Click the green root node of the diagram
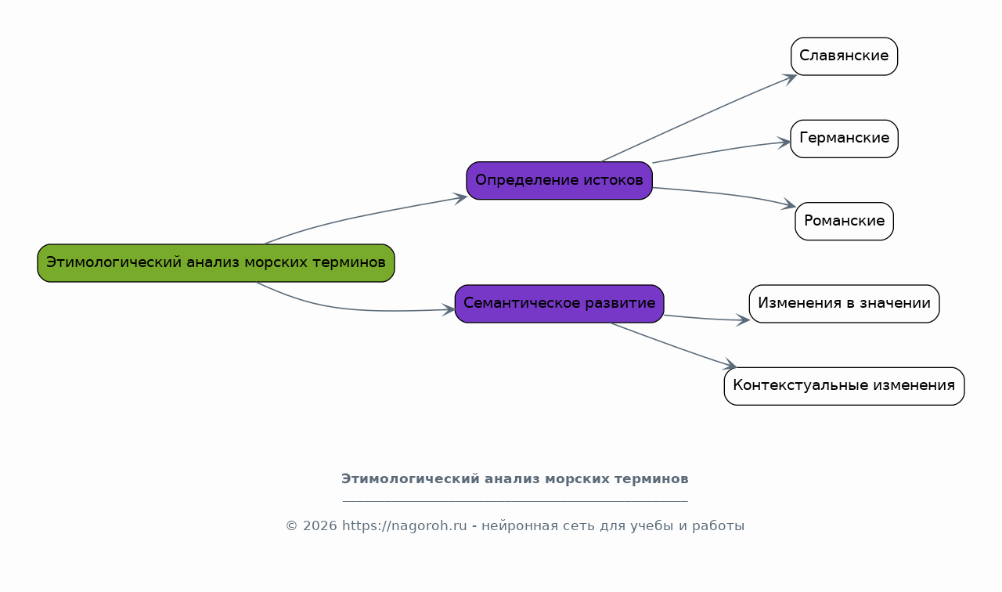tap(215, 263)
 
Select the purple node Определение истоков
tap(559, 180)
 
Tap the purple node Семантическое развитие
tap(559, 304)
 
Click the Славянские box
tap(844, 56)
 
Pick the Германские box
tap(844, 139)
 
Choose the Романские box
tap(844, 222)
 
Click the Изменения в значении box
tap(844, 304)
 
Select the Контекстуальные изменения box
tap(844, 386)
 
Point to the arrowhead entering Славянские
tap(789, 79)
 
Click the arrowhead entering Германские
tap(784, 143)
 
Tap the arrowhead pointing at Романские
tap(788, 204)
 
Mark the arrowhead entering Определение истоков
tap(460, 198)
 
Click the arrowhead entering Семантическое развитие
tap(449, 309)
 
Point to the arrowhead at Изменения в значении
tap(743, 320)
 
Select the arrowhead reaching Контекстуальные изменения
tap(729, 365)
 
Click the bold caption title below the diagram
tap(515, 479)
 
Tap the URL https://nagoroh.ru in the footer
tap(405, 525)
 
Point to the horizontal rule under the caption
tap(515, 502)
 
